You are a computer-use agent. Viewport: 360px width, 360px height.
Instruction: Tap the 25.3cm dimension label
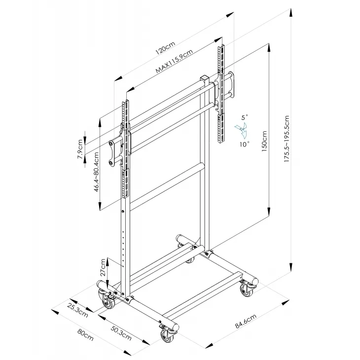79,313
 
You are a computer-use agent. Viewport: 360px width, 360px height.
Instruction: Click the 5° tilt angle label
245,117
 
